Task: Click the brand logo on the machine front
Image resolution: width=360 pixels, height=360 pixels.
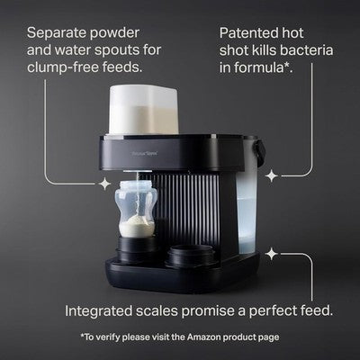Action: (141, 155)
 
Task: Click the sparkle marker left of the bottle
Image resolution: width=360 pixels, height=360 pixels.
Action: (104, 184)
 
